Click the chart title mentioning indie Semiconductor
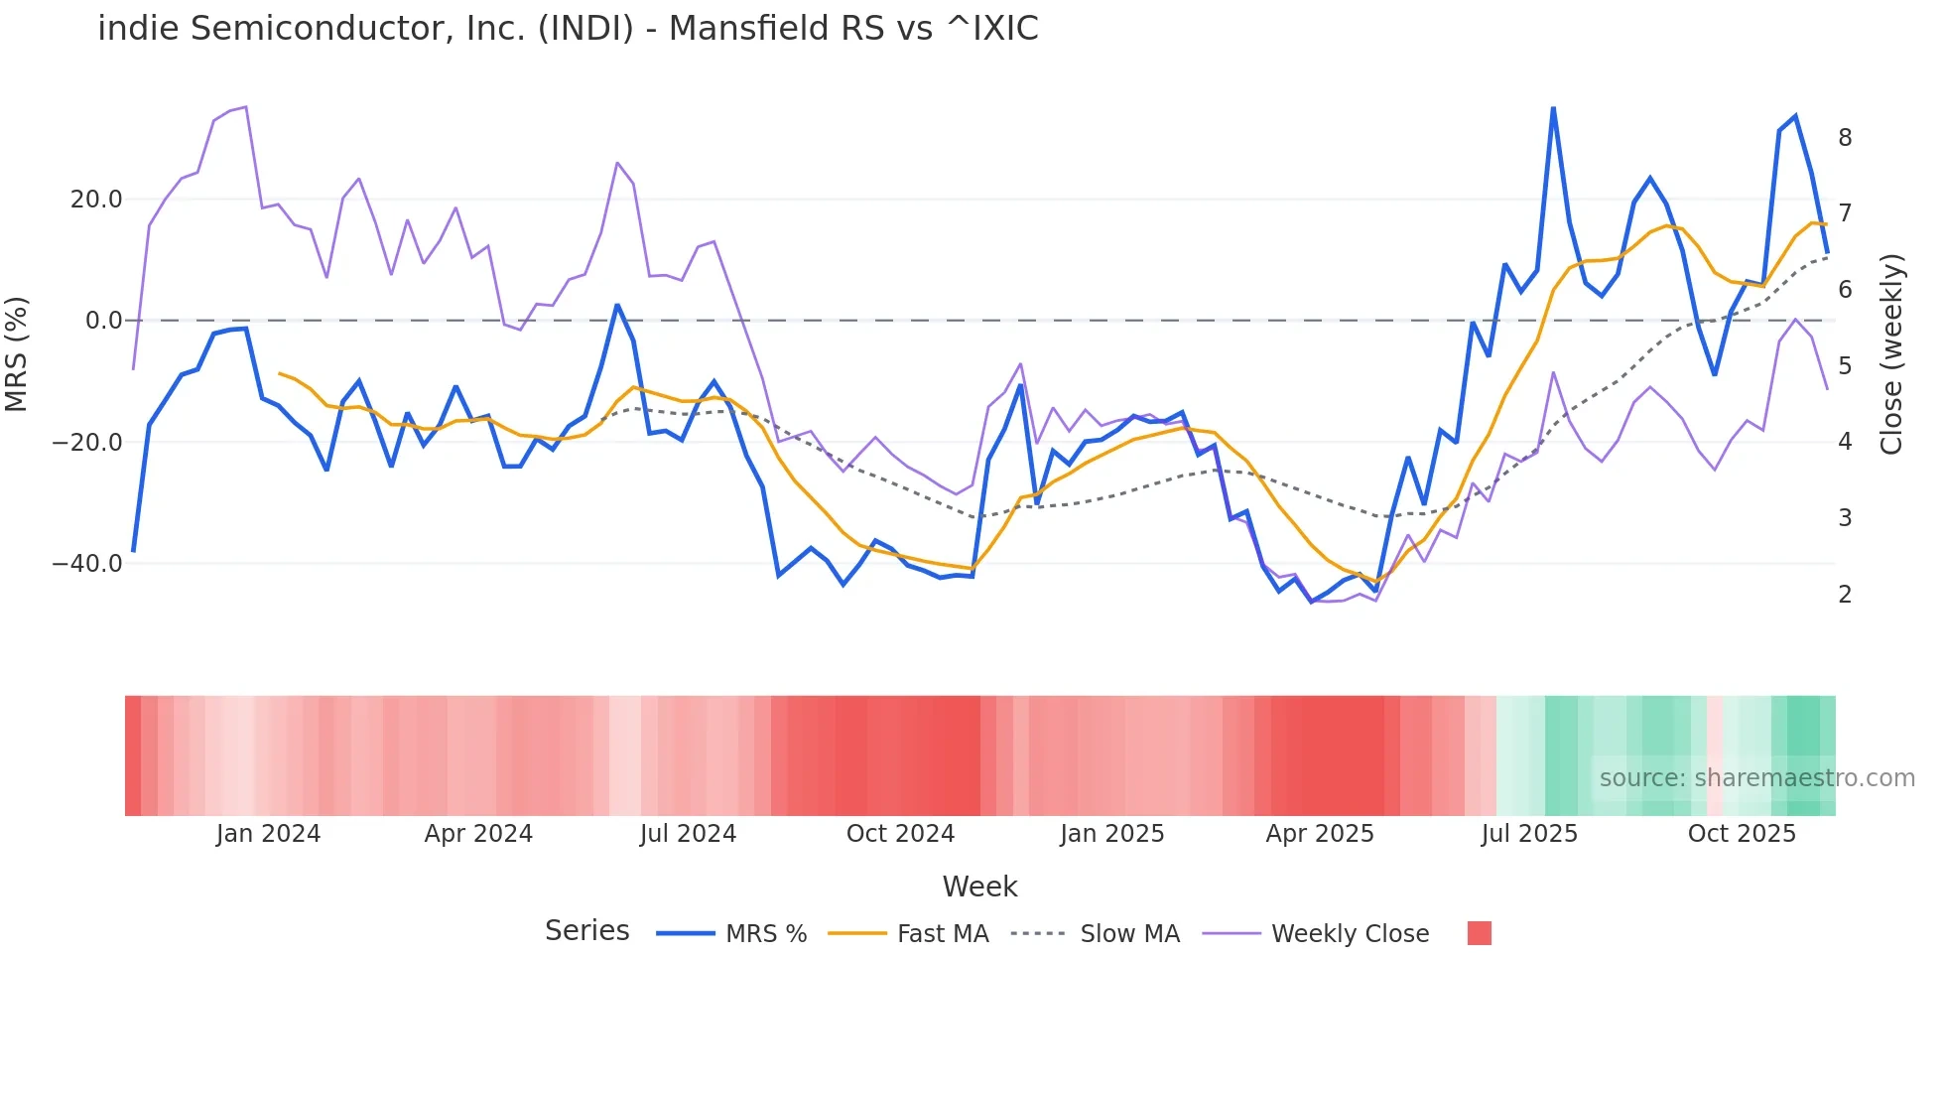(x=568, y=29)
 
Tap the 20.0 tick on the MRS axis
(x=96, y=200)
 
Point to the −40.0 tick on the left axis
(x=87, y=564)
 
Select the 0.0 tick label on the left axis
(x=103, y=321)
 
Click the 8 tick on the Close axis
(x=1845, y=138)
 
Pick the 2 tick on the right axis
(x=1845, y=595)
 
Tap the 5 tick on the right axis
(x=1845, y=366)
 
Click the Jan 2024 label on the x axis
(x=268, y=834)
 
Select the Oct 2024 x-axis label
(x=900, y=834)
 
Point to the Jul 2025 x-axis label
(x=1529, y=834)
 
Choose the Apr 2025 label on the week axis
(x=1320, y=834)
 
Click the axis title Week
(x=979, y=887)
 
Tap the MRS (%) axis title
(x=17, y=354)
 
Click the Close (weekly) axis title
(x=1891, y=354)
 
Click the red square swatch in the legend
(x=1479, y=933)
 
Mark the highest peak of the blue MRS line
(x=1553, y=108)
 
